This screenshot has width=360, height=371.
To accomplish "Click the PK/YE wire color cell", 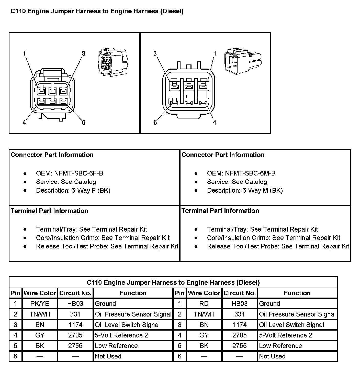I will coord(40,304).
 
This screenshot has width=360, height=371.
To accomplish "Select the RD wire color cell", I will coord(204,304).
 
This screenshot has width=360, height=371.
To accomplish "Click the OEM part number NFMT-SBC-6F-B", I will coord(70,173).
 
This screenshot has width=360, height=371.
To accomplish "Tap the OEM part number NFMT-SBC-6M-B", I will coord(241,173).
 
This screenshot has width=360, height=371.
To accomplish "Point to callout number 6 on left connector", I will coord(83,123).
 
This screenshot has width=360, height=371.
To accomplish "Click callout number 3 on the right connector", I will coord(155,53).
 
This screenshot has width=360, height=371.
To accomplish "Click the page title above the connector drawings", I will coord(97,11).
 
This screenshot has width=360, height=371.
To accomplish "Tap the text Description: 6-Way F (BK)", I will coord(73,191).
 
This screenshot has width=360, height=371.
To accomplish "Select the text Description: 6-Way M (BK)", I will coord(245,191).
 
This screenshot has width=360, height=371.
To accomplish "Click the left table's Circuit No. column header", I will coord(75,293).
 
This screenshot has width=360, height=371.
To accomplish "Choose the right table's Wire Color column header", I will coord(204,293).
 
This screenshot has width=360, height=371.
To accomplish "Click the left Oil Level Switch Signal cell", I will coord(127,325).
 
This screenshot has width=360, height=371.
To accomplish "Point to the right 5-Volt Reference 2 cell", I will coord(285,335).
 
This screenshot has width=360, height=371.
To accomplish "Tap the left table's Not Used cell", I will coord(108,356).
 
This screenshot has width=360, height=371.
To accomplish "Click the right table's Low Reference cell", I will coord(280,346).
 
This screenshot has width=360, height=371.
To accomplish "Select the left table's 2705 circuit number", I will coord(75,335).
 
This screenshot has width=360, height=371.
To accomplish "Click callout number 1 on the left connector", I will coord(24,53).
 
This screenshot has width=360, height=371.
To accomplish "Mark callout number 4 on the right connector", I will coord(215,123).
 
